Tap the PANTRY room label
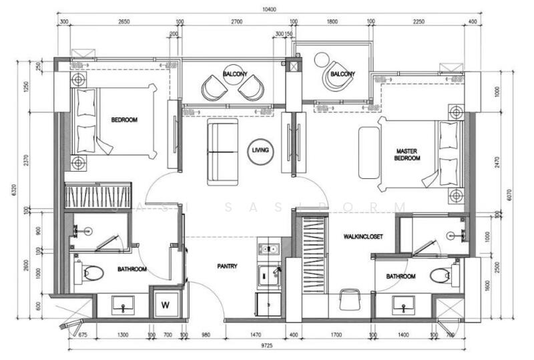tap(228, 266)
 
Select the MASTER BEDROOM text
tap(407, 155)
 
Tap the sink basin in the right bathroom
tap(403, 305)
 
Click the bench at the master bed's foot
tap(368, 153)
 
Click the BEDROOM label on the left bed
tap(124, 120)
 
